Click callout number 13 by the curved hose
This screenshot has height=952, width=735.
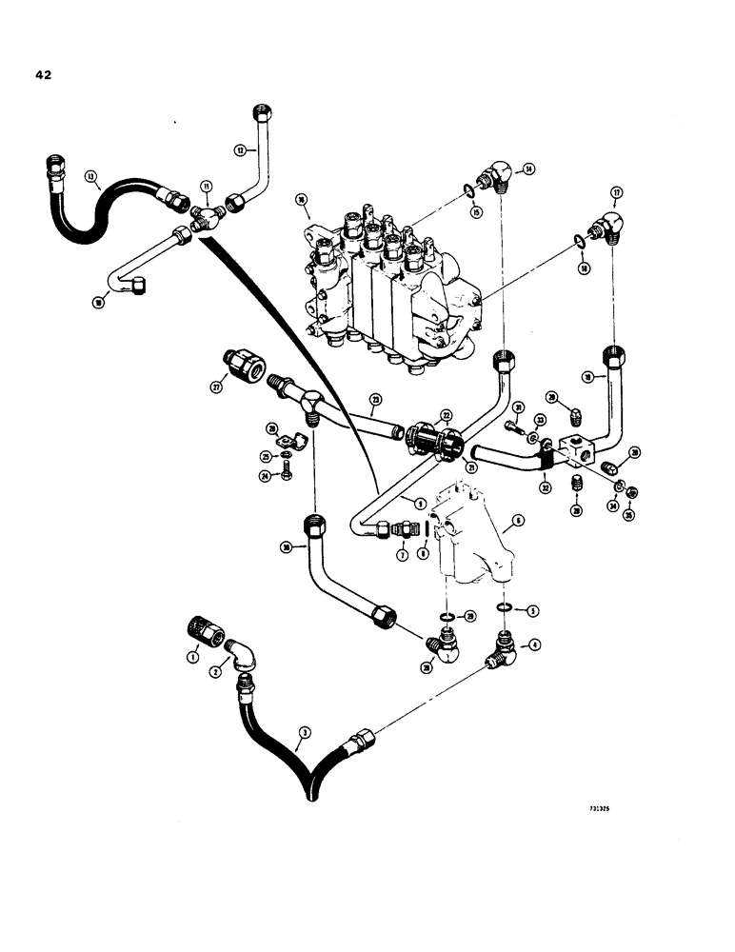tap(91, 176)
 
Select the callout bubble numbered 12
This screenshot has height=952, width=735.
tap(240, 149)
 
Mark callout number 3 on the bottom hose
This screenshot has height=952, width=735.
tap(304, 731)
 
